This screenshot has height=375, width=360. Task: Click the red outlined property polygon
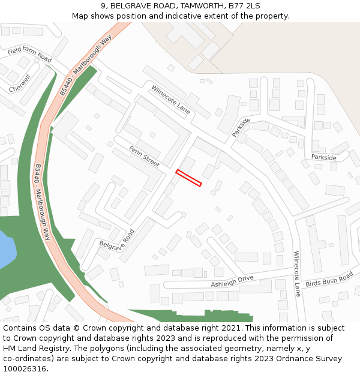pyautogui.click(x=188, y=178)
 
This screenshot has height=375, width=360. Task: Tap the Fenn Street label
pyautogui.click(x=145, y=155)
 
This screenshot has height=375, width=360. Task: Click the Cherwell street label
pyautogui.click(x=20, y=83)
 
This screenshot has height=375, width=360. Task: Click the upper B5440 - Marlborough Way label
pyautogui.click(x=86, y=65)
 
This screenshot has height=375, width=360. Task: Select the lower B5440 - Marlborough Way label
pyautogui.click(x=43, y=202)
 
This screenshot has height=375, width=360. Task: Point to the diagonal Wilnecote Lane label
pyautogui.click(x=170, y=100)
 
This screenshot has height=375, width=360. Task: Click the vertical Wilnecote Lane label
pyautogui.click(x=296, y=274)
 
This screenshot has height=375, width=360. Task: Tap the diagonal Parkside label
pyautogui.click(x=241, y=127)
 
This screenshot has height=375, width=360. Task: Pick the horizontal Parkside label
pyautogui.click(x=323, y=157)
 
